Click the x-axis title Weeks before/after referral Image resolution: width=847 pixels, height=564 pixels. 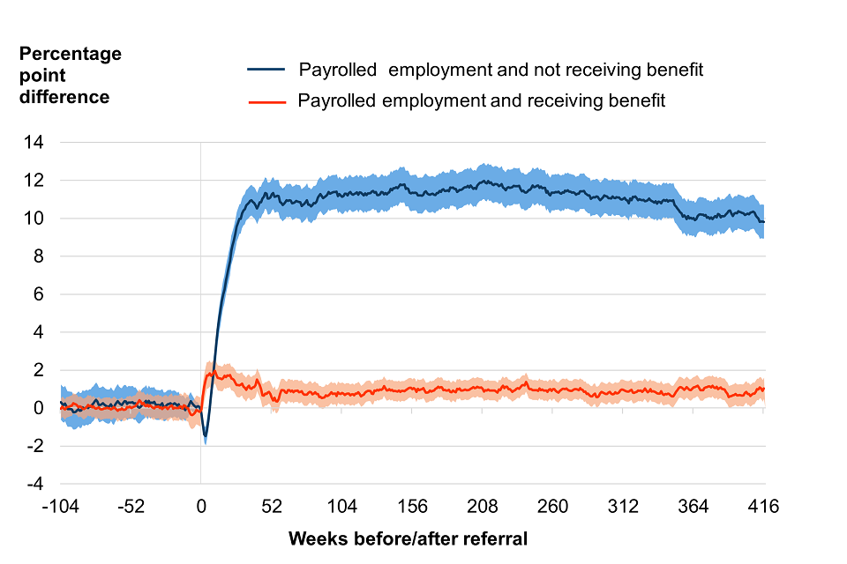click(408, 538)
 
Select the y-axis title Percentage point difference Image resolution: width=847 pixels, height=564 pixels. click(71, 76)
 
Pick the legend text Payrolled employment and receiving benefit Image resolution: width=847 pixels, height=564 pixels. click(482, 101)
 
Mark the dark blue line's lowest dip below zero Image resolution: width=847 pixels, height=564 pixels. click(206, 436)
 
